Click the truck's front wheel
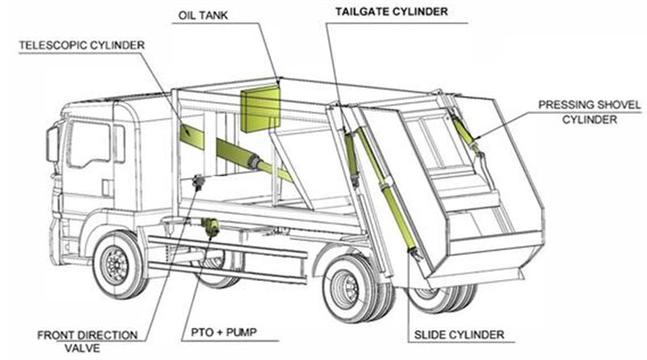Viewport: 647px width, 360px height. [x=119, y=265]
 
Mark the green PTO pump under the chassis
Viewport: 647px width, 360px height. [x=211, y=227]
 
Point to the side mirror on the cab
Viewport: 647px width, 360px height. [x=53, y=144]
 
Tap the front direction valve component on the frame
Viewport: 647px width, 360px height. [x=197, y=184]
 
